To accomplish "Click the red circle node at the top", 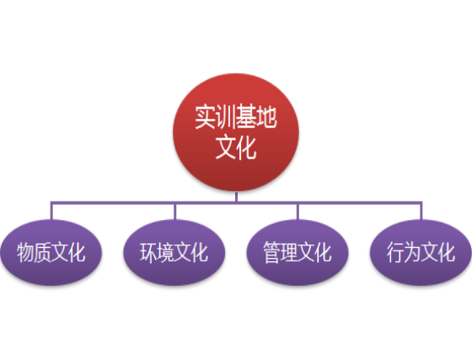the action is pyautogui.click(x=236, y=132).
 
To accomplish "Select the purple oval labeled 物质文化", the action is pyautogui.click(x=51, y=252).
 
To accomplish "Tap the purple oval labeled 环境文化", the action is pyautogui.click(x=174, y=252).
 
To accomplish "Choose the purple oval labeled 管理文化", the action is pyautogui.click(x=298, y=252).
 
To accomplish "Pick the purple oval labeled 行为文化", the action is pyautogui.click(x=421, y=252).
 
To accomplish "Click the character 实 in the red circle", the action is pyautogui.click(x=206, y=117).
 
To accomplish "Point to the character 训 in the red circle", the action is pyautogui.click(x=226, y=117).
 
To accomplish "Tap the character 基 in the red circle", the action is pyautogui.click(x=246, y=117).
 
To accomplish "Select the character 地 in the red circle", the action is pyautogui.click(x=266, y=117).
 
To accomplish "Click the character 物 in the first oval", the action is pyautogui.click(x=25, y=252).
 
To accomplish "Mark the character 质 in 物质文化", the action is pyautogui.click(x=42, y=252).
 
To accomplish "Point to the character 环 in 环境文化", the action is pyautogui.click(x=148, y=252).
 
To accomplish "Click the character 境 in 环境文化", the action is pyautogui.click(x=165, y=252).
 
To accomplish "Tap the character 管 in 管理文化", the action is pyautogui.click(x=271, y=252).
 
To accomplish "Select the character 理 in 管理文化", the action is pyautogui.click(x=288, y=252).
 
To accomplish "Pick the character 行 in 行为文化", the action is pyautogui.click(x=395, y=252).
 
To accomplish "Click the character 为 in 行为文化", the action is pyautogui.click(x=412, y=252).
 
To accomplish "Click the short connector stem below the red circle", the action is pyautogui.click(x=236, y=196).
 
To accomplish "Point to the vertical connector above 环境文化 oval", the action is pyautogui.click(x=174, y=212).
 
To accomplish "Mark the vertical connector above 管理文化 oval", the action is pyautogui.click(x=298, y=212).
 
